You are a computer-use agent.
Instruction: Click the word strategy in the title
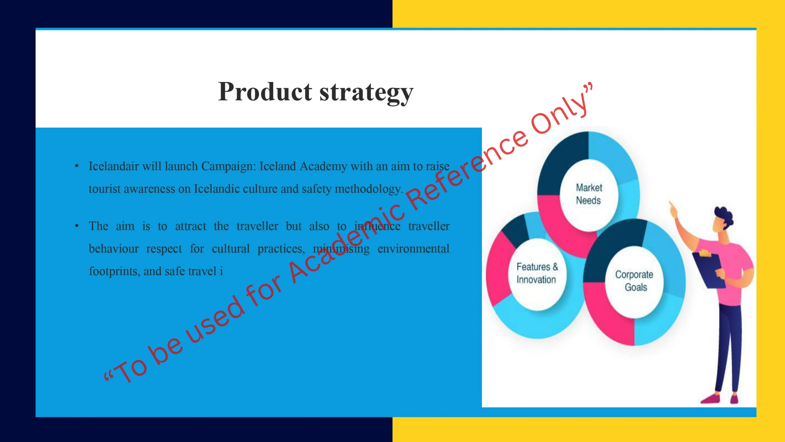(x=367, y=93)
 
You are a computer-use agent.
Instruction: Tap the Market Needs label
(x=589, y=194)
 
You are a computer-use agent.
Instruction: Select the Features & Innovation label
(x=537, y=273)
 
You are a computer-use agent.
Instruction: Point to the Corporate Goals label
(x=634, y=281)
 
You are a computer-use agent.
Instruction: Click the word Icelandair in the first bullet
(x=114, y=166)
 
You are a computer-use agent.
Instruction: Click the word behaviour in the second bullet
(x=114, y=248)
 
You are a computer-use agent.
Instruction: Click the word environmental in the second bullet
(x=413, y=248)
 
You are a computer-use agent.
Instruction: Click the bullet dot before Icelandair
(x=77, y=166)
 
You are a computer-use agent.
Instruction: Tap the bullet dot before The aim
(x=77, y=226)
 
